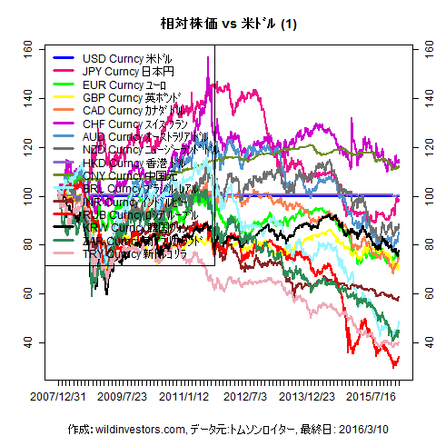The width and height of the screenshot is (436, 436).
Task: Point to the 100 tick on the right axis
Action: (420, 196)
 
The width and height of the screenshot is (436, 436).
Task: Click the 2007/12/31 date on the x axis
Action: (57, 397)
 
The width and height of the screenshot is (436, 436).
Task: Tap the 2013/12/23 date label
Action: (309, 397)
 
